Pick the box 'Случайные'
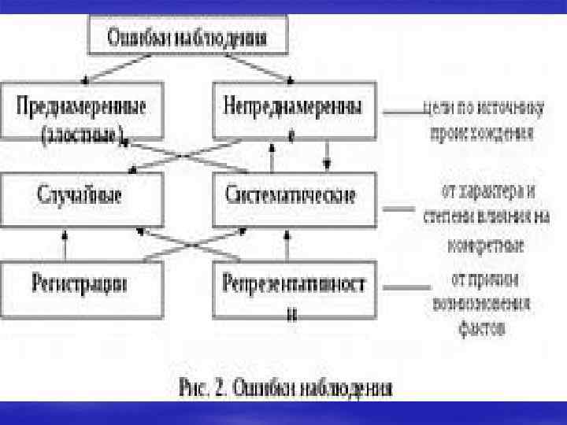[x=83, y=195]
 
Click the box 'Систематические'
[x=292, y=195]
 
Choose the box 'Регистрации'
[x=83, y=283]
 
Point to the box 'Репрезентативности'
[x=292, y=287]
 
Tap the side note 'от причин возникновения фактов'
[x=482, y=304]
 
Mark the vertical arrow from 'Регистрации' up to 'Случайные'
[x=65, y=244]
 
